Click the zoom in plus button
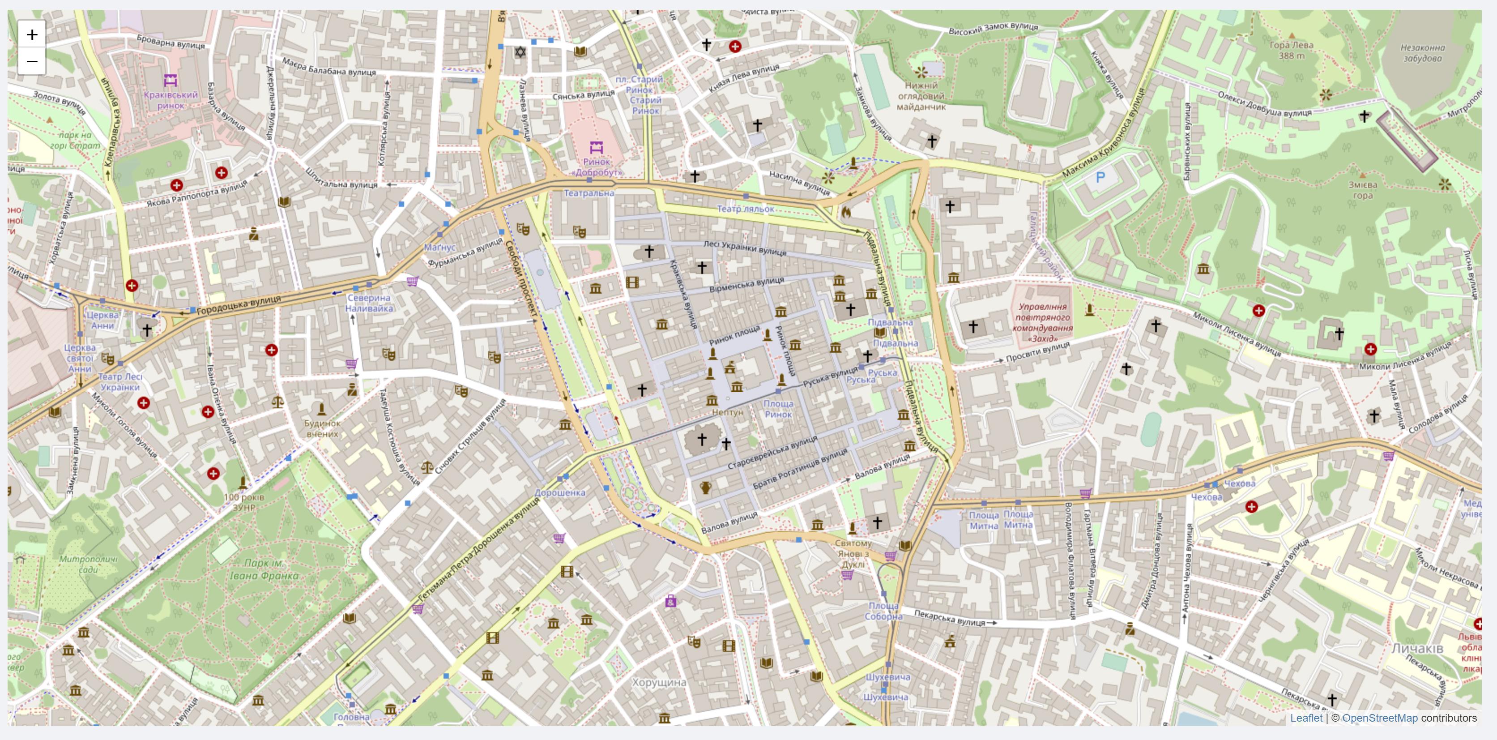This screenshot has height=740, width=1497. point(32,34)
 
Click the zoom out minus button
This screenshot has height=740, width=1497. point(32,61)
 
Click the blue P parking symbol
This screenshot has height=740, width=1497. point(1100,177)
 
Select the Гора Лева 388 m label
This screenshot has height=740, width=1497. point(1291,50)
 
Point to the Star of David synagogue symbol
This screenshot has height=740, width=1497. point(520,52)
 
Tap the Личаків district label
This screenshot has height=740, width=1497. point(1417,648)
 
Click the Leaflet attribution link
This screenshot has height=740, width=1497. point(1306,718)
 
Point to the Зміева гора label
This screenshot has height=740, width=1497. point(1363,189)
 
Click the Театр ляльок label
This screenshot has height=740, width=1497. point(745,209)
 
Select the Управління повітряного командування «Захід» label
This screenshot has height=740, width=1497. point(1043,322)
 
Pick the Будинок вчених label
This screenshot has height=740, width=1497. point(322,428)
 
